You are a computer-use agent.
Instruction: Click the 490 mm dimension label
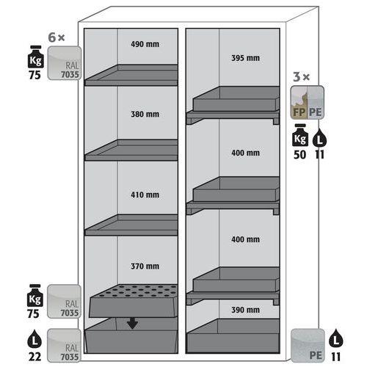(x=145, y=44)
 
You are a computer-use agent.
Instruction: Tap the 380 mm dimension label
(x=145, y=115)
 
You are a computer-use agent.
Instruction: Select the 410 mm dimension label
(x=145, y=195)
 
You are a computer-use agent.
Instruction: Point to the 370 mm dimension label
(x=145, y=266)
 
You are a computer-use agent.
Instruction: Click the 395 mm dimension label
(x=245, y=58)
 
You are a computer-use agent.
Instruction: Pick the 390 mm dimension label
(x=245, y=310)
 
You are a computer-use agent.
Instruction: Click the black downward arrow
(x=132, y=323)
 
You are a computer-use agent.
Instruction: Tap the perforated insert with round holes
(x=134, y=301)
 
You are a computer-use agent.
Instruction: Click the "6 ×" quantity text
(x=57, y=37)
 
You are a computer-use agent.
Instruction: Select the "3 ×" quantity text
(x=301, y=77)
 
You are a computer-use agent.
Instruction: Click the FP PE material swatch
(x=308, y=103)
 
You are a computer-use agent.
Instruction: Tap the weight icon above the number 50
(x=300, y=135)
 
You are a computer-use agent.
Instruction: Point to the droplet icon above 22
(x=34, y=338)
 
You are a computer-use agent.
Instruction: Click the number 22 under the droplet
(x=34, y=357)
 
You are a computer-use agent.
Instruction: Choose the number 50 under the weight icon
(x=300, y=155)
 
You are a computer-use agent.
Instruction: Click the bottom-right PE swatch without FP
(x=308, y=346)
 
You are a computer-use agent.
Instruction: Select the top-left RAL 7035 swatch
(x=65, y=63)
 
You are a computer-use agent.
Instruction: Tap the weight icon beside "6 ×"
(x=36, y=57)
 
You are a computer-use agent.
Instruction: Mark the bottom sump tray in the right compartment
(x=233, y=335)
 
